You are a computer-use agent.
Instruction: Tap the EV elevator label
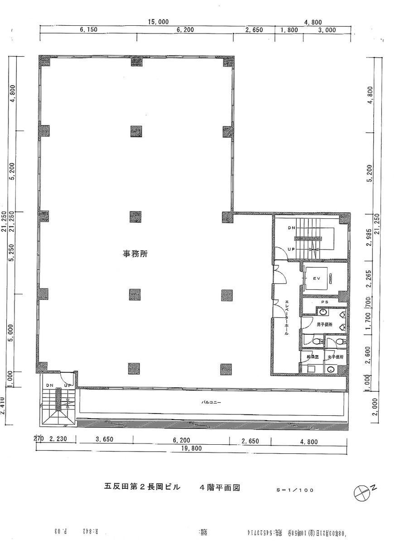point(317,279)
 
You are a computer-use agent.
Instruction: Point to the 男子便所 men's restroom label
point(324,325)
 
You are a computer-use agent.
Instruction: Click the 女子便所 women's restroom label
point(336,357)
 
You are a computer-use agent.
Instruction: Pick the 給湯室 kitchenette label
point(313,357)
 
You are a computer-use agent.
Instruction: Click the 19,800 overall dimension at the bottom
point(191,449)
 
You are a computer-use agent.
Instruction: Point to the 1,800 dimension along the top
point(289,30)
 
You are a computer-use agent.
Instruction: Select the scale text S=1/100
point(294,490)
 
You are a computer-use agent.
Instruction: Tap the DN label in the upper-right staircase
point(292,228)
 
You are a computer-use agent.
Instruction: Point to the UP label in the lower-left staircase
point(68,385)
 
